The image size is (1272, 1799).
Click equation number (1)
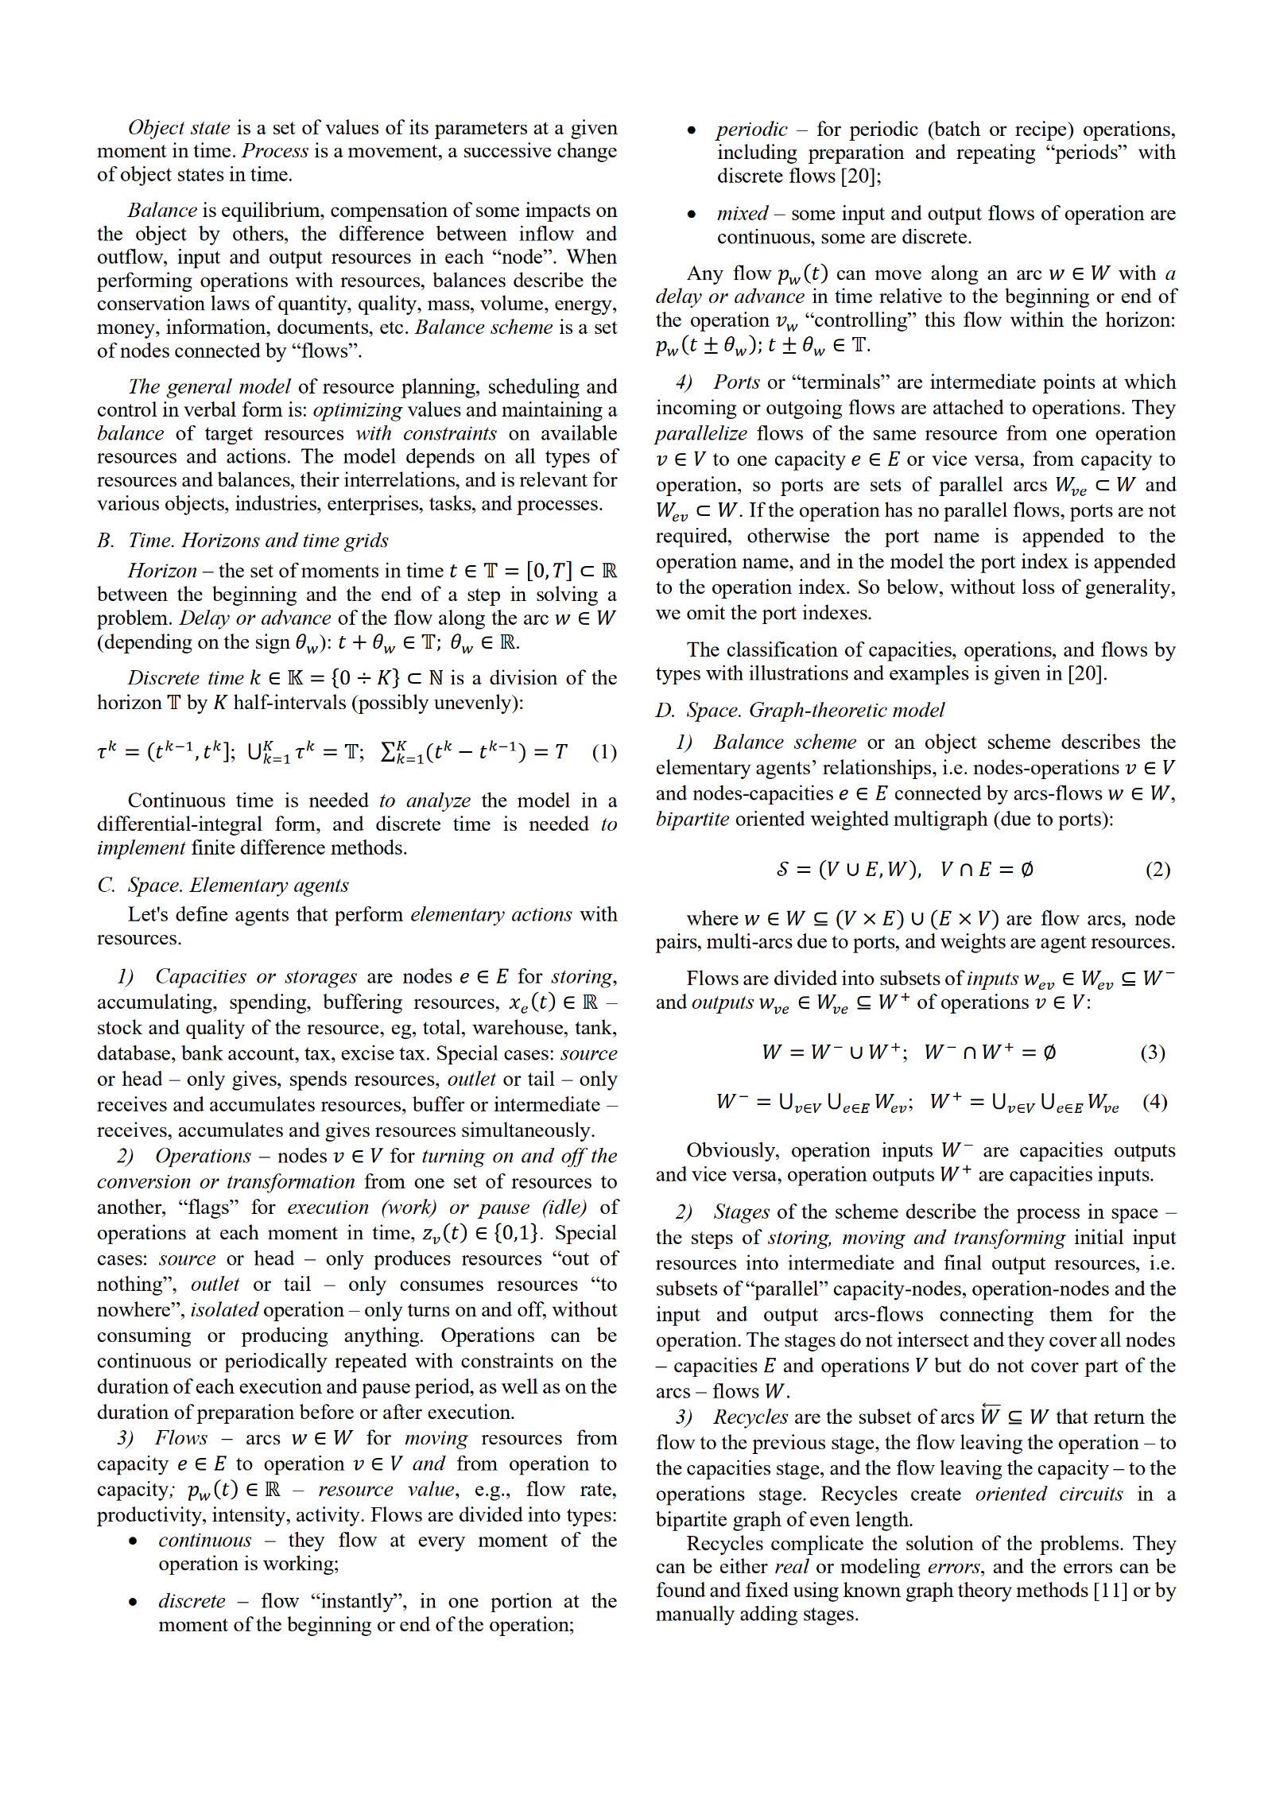(x=604, y=752)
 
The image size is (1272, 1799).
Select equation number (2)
(x=1158, y=870)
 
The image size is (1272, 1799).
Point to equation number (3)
(x=1153, y=1053)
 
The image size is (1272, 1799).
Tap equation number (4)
(x=1155, y=1102)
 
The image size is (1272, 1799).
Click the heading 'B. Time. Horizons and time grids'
(x=243, y=541)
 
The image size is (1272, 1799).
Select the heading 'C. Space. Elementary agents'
(x=223, y=885)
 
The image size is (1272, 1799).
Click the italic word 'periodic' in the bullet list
(x=751, y=129)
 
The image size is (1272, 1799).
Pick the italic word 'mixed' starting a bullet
(x=742, y=213)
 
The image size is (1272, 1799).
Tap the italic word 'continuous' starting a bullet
(x=204, y=1540)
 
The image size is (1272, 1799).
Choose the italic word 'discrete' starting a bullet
(x=192, y=1601)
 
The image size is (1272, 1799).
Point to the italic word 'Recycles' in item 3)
(x=750, y=1417)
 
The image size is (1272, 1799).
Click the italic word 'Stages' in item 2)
(x=741, y=1212)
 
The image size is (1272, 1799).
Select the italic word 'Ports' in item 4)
(x=736, y=382)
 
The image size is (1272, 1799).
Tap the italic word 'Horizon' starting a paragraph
(x=162, y=571)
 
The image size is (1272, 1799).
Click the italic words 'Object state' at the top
(x=179, y=128)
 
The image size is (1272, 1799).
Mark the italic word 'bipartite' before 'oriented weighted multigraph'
(x=692, y=819)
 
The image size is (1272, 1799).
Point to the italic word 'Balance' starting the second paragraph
(x=162, y=210)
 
